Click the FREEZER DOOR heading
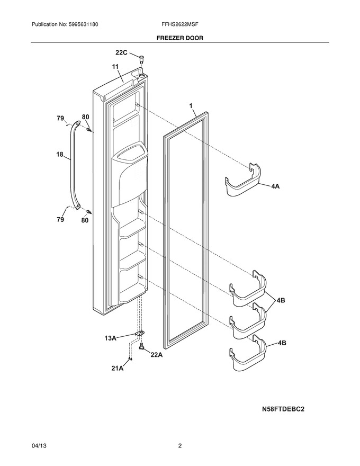click(x=179, y=38)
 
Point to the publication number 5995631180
click(x=84, y=24)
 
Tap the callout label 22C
click(x=121, y=52)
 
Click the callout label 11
click(x=115, y=67)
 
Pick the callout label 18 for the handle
click(x=60, y=154)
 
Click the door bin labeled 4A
click(x=243, y=180)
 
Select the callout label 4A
click(x=275, y=186)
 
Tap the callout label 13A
click(x=110, y=338)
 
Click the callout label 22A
click(x=157, y=354)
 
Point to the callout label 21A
click(x=118, y=368)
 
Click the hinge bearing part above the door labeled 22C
click(x=141, y=58)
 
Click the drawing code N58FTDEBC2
click(x=283, y=409)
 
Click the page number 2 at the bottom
click(x=179, y=446)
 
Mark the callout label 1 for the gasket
click(x=191, y=106)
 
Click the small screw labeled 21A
click(x=130, y=359)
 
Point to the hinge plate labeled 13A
click(x=139, y=334)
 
